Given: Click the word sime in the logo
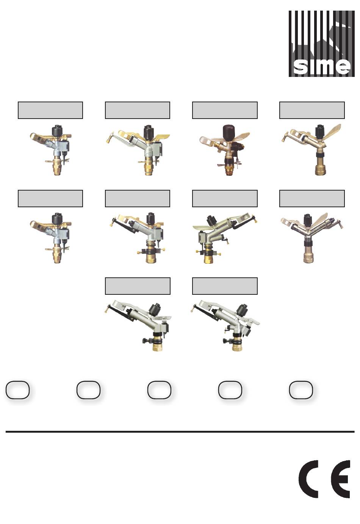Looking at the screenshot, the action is tap(322, 66).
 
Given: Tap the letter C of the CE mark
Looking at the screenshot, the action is tap(308, 479).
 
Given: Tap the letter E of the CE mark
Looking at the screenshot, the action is tap(340, 479).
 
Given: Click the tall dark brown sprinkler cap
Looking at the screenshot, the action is tap(229, 133).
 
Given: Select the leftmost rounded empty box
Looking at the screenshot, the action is tap(17, 390).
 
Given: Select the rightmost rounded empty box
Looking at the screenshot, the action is tap(301, 390).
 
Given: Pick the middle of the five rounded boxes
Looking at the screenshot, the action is tap(159, 390).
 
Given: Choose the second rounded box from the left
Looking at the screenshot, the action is tap(88, 390).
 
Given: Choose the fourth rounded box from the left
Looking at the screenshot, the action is tap(230, 390).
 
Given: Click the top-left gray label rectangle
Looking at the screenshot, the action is tap(50, 110).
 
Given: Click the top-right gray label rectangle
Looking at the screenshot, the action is tap(312, 110).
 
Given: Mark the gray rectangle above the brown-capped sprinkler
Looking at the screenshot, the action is tap(225, 110).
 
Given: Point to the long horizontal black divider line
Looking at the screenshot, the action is tap(180, 432).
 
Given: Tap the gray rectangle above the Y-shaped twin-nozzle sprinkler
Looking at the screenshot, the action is tap(312, 199).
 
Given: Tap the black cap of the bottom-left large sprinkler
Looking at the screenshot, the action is tap(155, 309).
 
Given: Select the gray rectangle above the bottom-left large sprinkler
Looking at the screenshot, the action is tap(138, 286).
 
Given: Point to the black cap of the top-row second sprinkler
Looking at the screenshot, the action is tap(148, 131).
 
